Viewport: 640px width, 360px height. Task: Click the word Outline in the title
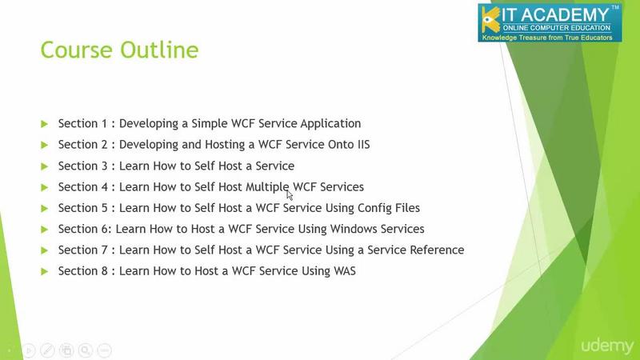coord(159,50)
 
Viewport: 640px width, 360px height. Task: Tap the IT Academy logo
coord(550,23)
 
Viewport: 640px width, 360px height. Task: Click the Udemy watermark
coord(607,346)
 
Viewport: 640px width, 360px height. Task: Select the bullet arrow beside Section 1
coord(45,124)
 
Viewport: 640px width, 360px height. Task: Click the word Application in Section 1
coord(330,124)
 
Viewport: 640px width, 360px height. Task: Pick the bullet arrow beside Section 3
coord(45,166)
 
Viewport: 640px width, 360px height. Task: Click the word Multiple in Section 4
coord(267,187)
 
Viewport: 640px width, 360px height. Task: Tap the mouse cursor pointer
coord(290,195)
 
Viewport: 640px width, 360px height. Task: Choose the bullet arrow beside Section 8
coord(45,271)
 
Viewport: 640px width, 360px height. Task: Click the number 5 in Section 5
coord(104,208)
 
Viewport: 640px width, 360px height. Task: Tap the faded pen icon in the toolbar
coord(48,350)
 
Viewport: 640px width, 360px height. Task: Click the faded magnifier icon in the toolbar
coord(86,350)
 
